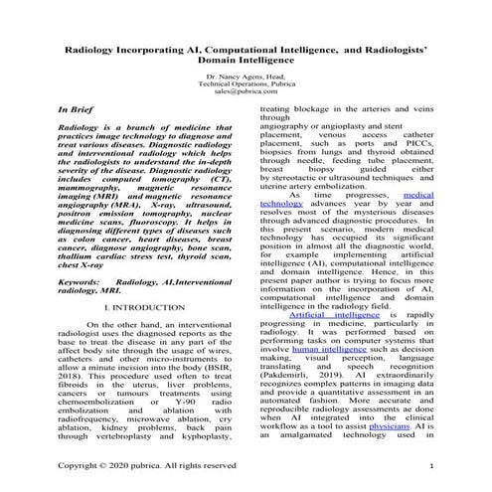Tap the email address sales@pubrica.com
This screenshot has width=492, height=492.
click(245, 92)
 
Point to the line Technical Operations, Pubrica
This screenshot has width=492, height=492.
click(245, 84)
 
